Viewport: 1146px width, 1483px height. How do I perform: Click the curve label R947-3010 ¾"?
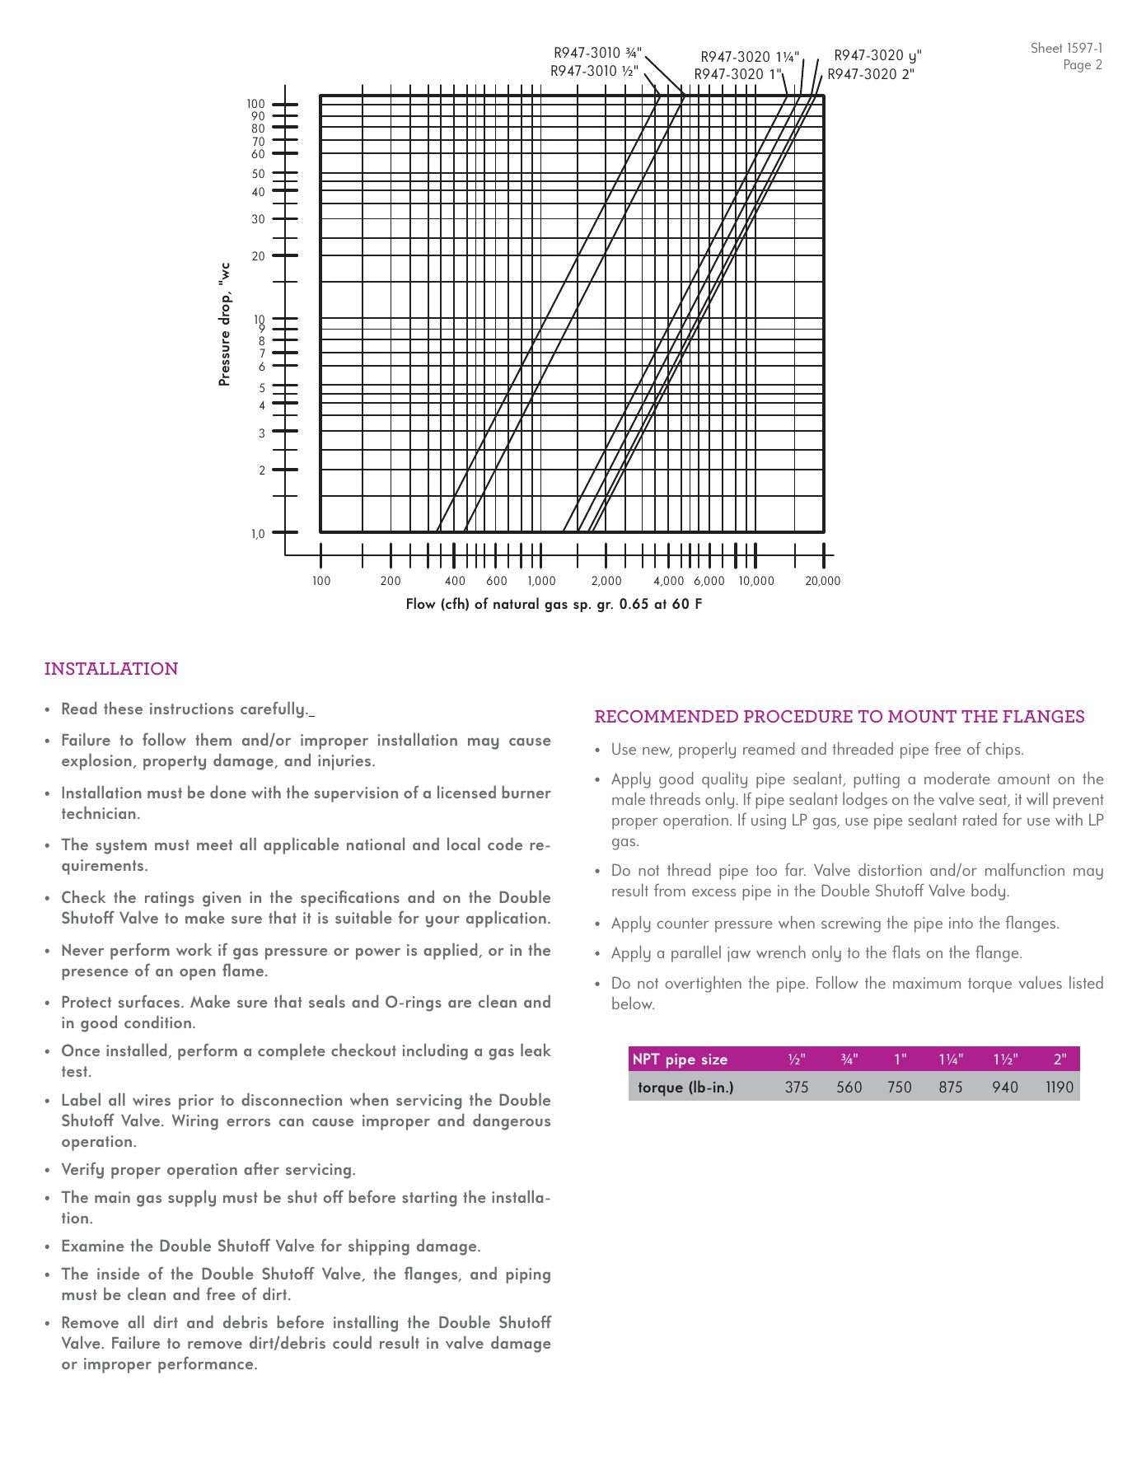point(597,54)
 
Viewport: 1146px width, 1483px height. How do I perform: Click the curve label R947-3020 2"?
point(871,74)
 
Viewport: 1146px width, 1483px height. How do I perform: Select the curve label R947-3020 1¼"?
point(750,57)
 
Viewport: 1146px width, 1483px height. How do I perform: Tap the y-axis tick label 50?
point(259,174)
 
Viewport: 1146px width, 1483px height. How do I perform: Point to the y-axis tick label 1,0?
point(259,534)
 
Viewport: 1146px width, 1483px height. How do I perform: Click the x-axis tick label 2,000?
point(606,581)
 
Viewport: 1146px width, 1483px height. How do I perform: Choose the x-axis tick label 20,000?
point(822,581)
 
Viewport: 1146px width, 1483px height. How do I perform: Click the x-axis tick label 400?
point(455,581)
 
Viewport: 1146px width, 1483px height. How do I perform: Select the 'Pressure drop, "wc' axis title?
point(224,325)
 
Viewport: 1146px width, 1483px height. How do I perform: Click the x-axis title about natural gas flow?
point(554,605)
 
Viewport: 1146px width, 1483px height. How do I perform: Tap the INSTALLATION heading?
point(111,669)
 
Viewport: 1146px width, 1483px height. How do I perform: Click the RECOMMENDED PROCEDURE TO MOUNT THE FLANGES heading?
point(840,717)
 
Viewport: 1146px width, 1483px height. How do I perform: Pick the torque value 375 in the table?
point(797,1088)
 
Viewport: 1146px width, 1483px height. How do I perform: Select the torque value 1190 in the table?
point(1059,1088)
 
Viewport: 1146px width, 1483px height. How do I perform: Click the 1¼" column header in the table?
point(951,1060)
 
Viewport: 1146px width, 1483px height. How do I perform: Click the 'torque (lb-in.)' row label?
point(685,1088)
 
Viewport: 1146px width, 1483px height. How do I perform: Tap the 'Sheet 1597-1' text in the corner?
point(1066,49)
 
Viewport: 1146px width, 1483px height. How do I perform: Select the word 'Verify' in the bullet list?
point(82,1170)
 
